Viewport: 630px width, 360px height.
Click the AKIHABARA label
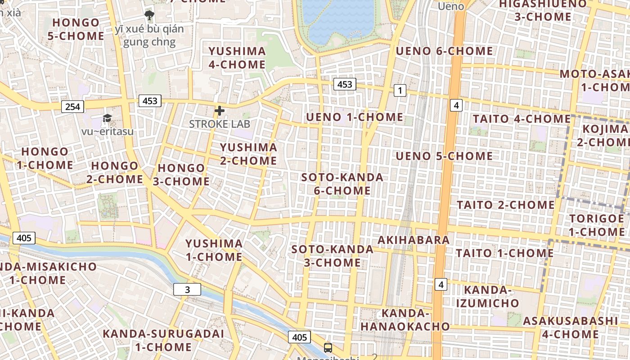coord(414,240)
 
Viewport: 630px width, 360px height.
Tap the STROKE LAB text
coord(219,124)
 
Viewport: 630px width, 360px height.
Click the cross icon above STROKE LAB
coord(220,111)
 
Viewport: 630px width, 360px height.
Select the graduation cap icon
coord(107,118)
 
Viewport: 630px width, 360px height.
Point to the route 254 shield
coord(72,107)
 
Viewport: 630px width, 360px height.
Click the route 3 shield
coord(187,290)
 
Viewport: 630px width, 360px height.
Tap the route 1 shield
coord(400,90)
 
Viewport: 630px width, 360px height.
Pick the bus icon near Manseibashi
coord(328,347)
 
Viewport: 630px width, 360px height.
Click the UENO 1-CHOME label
coord(355,117)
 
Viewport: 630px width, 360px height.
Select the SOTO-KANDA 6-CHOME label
coord(342,184)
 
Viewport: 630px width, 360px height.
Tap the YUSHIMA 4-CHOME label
coord(237,58)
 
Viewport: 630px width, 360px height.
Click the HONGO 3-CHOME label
coord(183,175)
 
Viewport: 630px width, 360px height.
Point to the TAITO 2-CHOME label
coord(506,205)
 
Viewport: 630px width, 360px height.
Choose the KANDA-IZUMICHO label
coord(488,296)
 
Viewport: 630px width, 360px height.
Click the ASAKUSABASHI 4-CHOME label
coord(570,328)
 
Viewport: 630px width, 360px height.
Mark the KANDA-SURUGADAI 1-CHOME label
coord(163,340)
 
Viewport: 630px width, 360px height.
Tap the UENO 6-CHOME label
coord(444,51)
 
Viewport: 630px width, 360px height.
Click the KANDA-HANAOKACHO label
coord(405,320)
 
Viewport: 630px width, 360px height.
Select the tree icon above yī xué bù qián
coord(149,16)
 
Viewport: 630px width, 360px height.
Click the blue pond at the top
coord(338,20)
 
